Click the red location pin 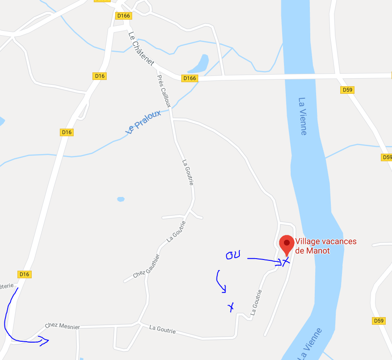[x=286, y=244]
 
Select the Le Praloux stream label [x=143, y=122]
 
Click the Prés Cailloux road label [x=164, y=91]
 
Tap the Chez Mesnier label [x=62, y=326]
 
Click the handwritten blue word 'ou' [x=233, y=255]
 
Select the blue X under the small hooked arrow [x=231, y=307]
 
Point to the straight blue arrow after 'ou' [x=263, y=260]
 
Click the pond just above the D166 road [x=199, y=64]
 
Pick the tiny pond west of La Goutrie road [x=121, y=199]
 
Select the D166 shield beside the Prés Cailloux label [x=190, y=79]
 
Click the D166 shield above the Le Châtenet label [x=123, y=16]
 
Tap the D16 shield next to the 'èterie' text [x=24, y=274]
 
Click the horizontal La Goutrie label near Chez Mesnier [x=163, y=331]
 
